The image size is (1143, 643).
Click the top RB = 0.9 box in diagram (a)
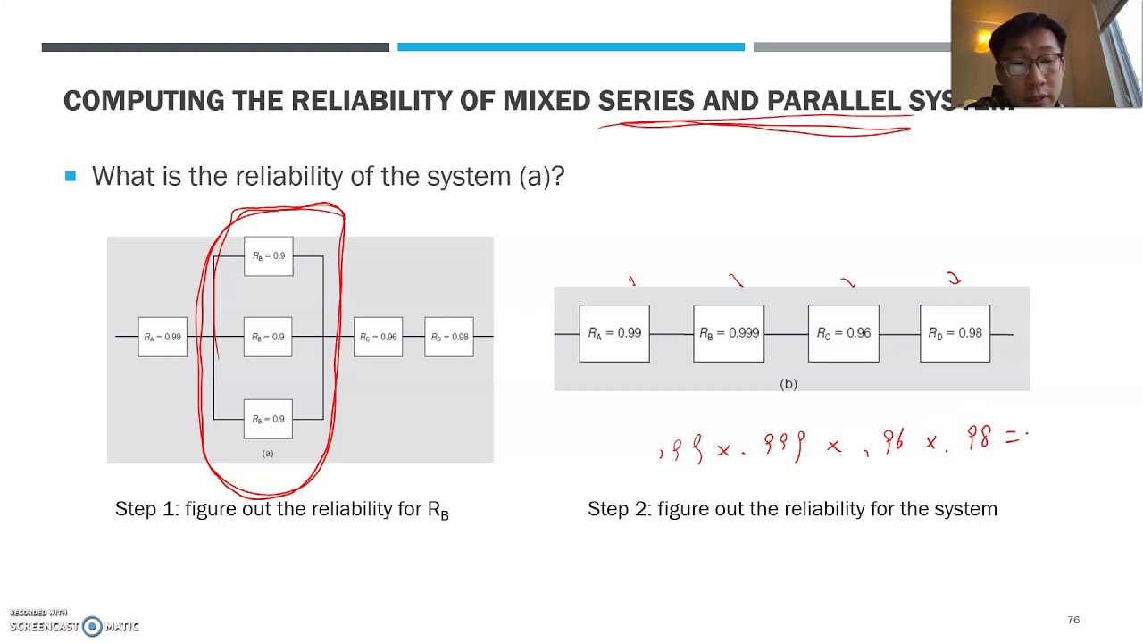(x=268, y=256)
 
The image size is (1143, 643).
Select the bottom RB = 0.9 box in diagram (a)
(x=268, y=419)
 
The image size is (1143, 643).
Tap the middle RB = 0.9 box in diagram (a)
(x=268, y=337)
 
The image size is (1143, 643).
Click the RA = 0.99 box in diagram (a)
(x=163, y=337)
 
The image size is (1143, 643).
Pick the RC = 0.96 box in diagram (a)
(x=378, y=337)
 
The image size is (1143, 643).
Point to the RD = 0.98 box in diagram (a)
(x=449, y=337)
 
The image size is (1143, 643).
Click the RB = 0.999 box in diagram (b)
(x=729, y=333)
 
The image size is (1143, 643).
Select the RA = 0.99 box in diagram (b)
(x=614, y=333)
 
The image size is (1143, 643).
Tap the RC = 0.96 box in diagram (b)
(x=843, y=333)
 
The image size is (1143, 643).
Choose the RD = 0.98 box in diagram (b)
(x=955, y=333)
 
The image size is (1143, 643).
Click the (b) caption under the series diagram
(x=788, y=384)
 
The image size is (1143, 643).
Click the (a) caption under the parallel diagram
(x=268, y=454)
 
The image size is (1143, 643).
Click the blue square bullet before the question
(x=71, y=177)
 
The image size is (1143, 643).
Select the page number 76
(x=1073, y=620)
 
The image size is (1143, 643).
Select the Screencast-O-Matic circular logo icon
(x=92, y=626)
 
